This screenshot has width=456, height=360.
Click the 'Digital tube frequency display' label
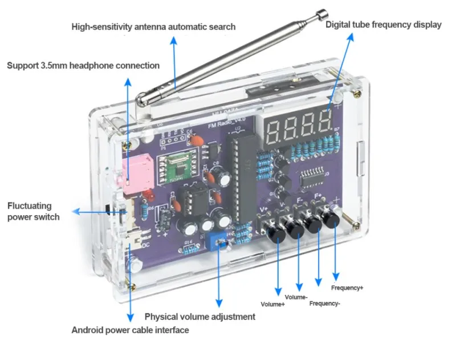coord(384,25)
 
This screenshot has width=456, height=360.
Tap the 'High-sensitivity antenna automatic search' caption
coord(153,27)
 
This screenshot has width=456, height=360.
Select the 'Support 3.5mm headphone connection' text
coord(83,66)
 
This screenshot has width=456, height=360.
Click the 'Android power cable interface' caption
coord(130,330)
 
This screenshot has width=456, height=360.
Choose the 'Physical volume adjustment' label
coord(199,317)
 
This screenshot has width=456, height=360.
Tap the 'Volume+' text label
coord(272,304)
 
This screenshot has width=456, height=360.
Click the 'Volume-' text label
coord(296,297)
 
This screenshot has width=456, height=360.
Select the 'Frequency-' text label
coord(325,304)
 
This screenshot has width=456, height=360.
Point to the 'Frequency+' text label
coord(347,288)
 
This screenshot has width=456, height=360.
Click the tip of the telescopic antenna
coord(323,13)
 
